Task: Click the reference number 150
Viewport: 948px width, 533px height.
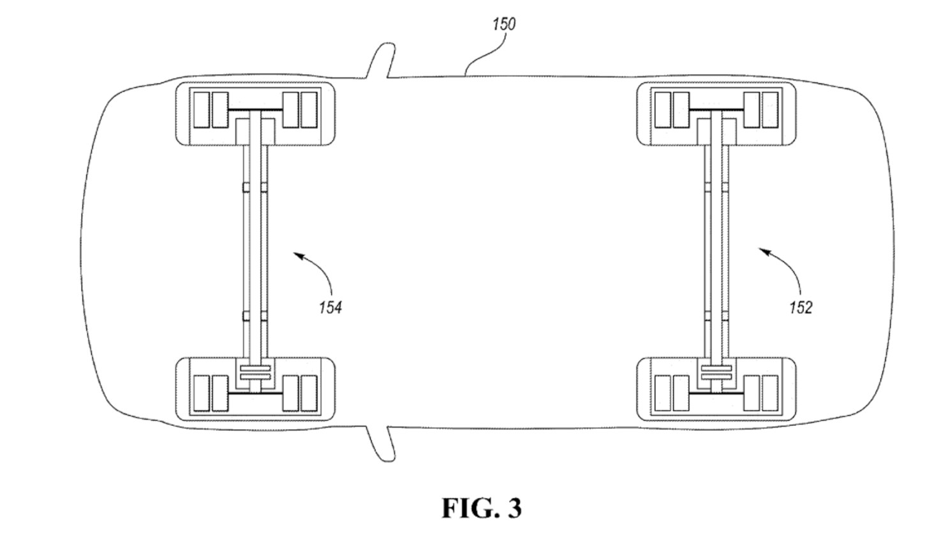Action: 503,24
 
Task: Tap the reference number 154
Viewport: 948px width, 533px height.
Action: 330,307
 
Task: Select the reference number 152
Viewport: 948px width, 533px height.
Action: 800,307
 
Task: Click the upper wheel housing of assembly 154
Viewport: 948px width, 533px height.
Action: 255,113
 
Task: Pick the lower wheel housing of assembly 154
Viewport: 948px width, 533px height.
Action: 255,388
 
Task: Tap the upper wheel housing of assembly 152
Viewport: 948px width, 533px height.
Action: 716,113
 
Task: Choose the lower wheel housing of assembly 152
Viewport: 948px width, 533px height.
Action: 716,388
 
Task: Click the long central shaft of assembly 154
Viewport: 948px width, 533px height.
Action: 255,249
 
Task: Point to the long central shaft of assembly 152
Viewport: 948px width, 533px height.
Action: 716,249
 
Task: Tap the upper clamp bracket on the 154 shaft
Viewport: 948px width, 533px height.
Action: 255,186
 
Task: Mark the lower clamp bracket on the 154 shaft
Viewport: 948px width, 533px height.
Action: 255,314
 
